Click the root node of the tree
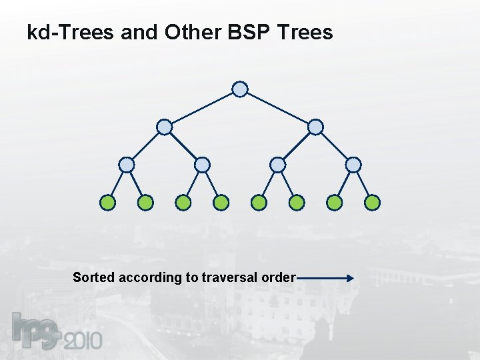[x=240, y=89]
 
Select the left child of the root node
[x=164, y=127]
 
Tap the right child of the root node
[x=316, y=127]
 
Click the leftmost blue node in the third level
[x=127, y=165]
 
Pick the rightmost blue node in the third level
[x=354, y=165]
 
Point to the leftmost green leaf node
[x=107, y=202]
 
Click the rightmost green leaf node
[x=373, y=202]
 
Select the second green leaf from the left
[x=145, y=202]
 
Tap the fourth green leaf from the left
[x=221, y=202]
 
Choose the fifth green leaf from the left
[x=259, y=202]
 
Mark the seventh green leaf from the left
[x=335, y=202]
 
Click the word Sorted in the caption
[x=93, y=277]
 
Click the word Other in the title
[x=185, y=31]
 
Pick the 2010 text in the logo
[x=83, y=341]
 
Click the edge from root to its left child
[x=202, y=108]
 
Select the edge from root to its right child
[x=278, y=108]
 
